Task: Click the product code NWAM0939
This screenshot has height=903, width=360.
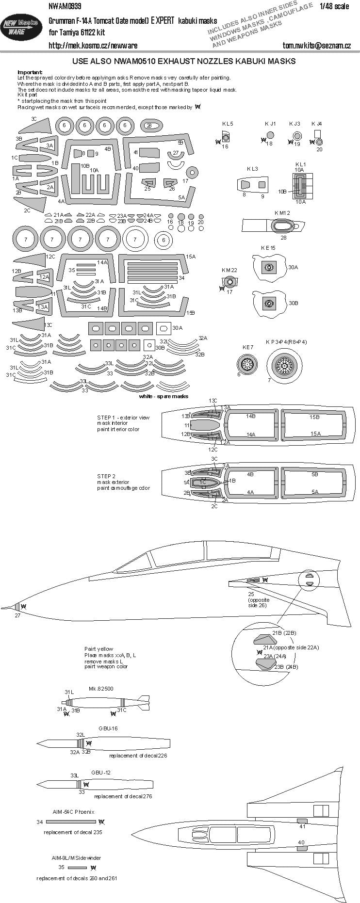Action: coord(65,6)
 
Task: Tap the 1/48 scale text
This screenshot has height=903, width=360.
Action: coord(334,6)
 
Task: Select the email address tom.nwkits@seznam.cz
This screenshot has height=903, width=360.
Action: coord(316,46)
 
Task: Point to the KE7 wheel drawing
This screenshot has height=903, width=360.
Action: coord(248,363)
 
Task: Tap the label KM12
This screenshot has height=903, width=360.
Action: coord(282,213)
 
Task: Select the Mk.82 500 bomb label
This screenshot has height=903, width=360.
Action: coord(101,689)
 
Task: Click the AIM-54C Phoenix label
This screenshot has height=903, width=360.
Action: coord(73,812)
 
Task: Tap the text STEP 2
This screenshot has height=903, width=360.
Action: coord(106,476)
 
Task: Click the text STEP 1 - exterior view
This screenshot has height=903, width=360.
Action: coord(123,418)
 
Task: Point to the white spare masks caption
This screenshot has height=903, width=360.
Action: coord(163,396)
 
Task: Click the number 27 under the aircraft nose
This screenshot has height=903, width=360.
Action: coord(17,615)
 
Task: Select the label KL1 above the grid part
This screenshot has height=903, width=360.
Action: coord(300,164)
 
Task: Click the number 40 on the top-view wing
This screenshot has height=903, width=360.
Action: coord(301,842)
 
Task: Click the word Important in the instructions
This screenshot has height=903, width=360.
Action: coord(30,72)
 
